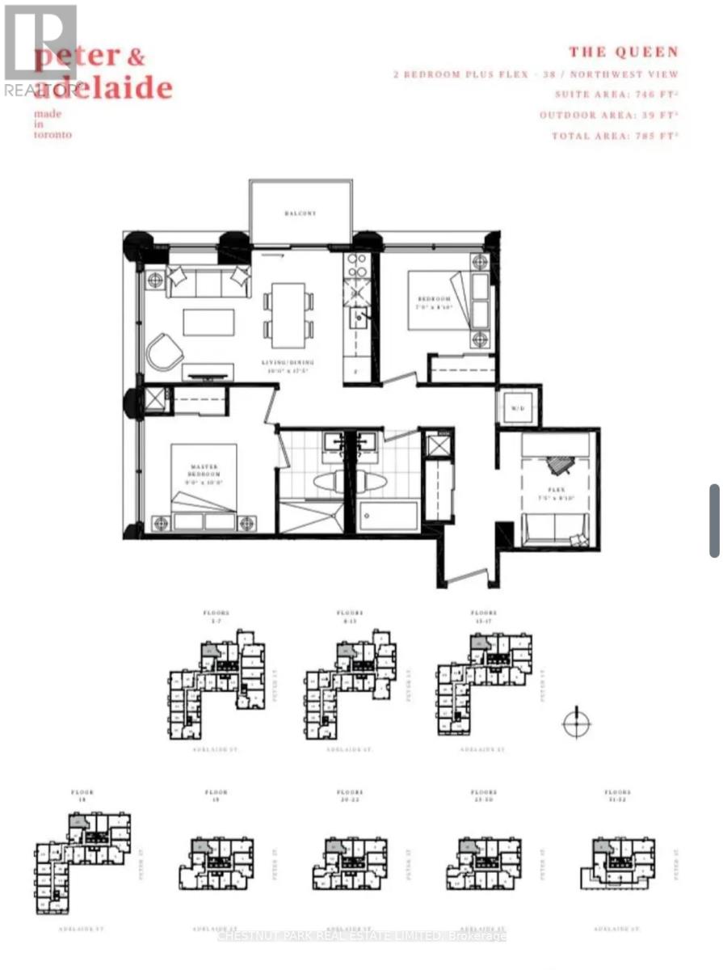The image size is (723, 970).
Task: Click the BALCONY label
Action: click(300, 213)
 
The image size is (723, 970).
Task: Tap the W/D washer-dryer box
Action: click(518, 407)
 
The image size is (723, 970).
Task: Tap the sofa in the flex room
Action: click(557, 534)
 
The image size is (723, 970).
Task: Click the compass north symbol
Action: click(577, 723)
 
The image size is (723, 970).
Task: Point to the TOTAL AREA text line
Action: click(615, 136)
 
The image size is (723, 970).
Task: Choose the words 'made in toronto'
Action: click(53, 124)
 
